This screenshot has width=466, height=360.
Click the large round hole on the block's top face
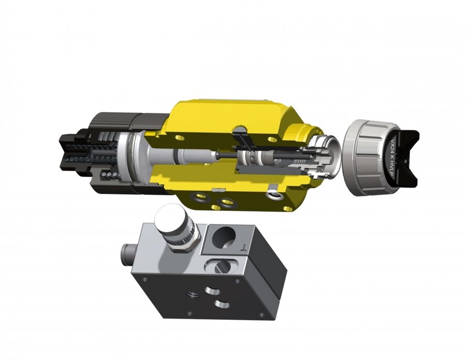[x=223, y=238]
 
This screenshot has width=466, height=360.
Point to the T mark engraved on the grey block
[x=244, y=248]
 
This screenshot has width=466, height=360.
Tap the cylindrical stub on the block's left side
[x=126, y=250]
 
